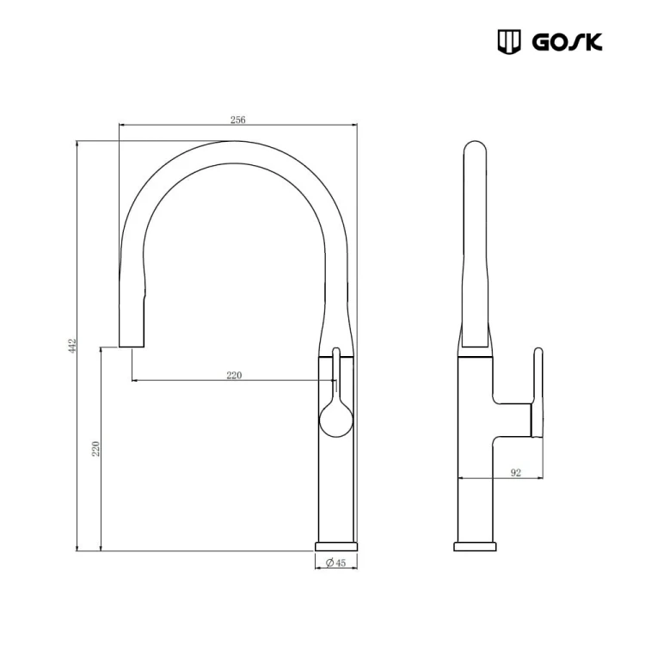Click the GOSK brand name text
coord(568,41)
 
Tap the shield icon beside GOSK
coord(510,41)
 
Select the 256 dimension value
coord(238,120)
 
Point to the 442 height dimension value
coord(73,344)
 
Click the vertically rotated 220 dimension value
coord(96,448)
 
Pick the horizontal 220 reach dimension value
coord(234,375)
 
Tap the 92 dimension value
coord(516,472)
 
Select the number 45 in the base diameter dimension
coord(341,562)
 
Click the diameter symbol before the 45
coord(330,562)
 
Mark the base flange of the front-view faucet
coord(336,546)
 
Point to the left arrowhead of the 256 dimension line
coord(121,126)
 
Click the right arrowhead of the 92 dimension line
coord(540,478)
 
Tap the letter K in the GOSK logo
coord(593,41)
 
